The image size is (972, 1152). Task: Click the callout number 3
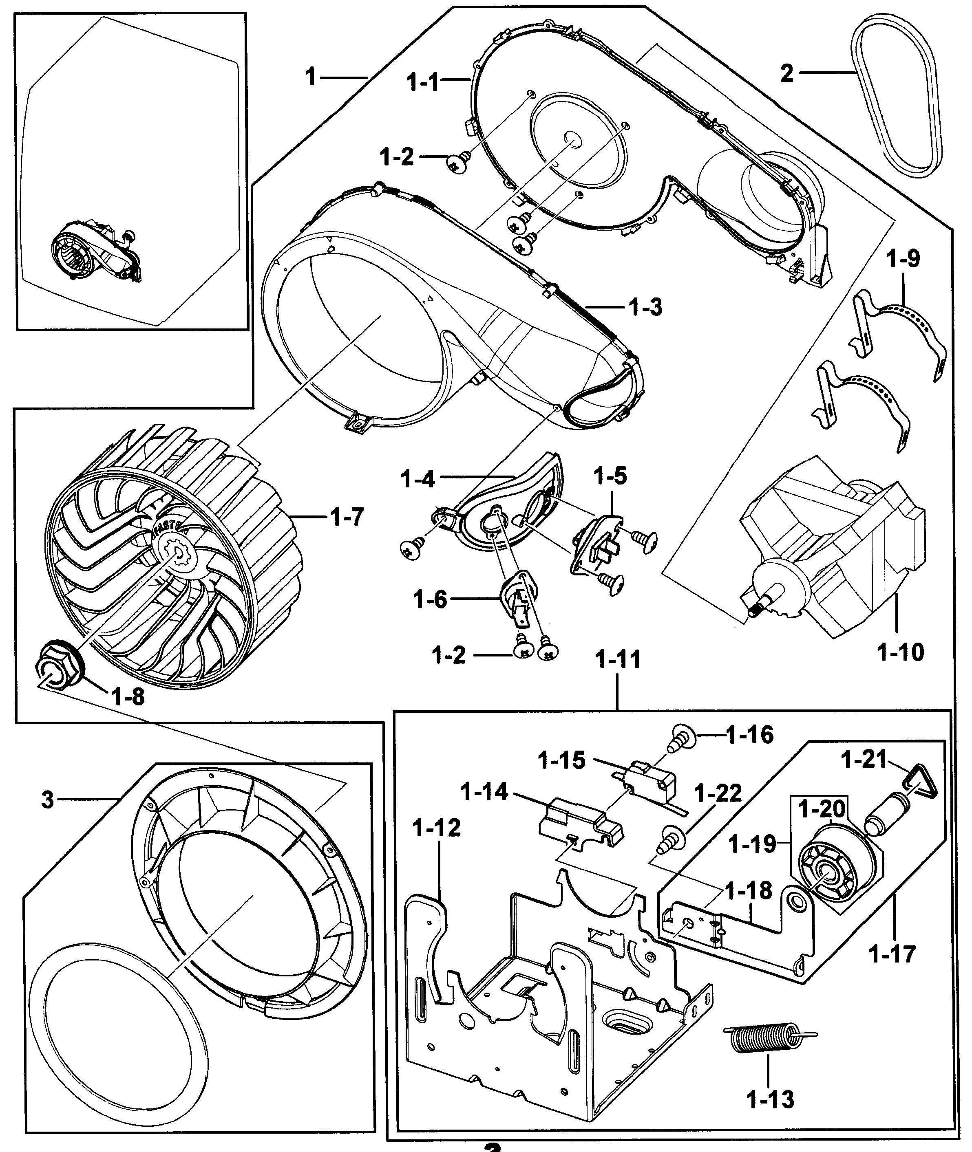click(x=48, y=799)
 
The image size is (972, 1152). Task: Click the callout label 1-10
click(x=900, y=652)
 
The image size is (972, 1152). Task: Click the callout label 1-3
click(x=645, y=307)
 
